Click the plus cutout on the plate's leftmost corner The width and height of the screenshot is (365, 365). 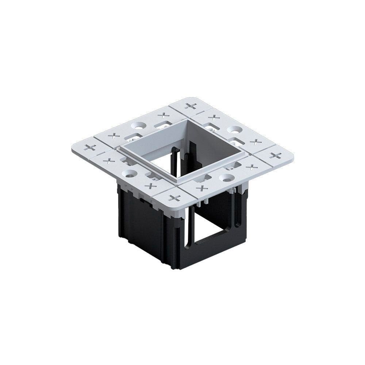90,147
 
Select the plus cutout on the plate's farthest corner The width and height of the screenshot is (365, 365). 191,106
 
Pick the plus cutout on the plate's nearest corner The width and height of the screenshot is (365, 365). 175,198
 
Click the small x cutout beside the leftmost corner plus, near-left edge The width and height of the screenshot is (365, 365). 108,160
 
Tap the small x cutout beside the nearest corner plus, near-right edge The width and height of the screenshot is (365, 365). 201,188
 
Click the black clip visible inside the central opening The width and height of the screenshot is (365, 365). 175,162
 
